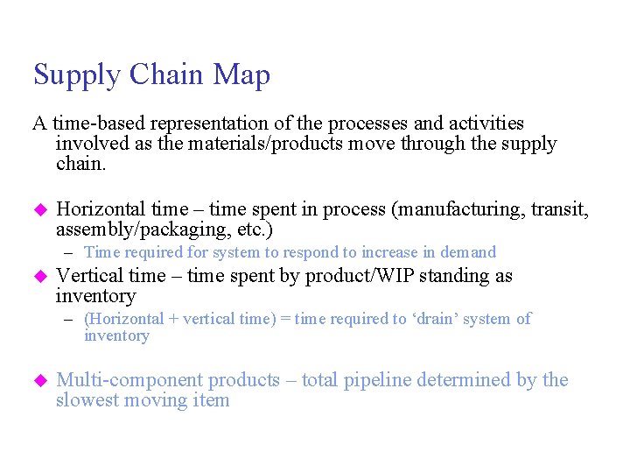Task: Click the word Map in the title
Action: coord(241,75)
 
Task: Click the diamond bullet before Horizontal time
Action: coord(38,210)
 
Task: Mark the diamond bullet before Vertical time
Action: coord(38,277)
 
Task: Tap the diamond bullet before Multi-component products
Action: coord(38,381)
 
